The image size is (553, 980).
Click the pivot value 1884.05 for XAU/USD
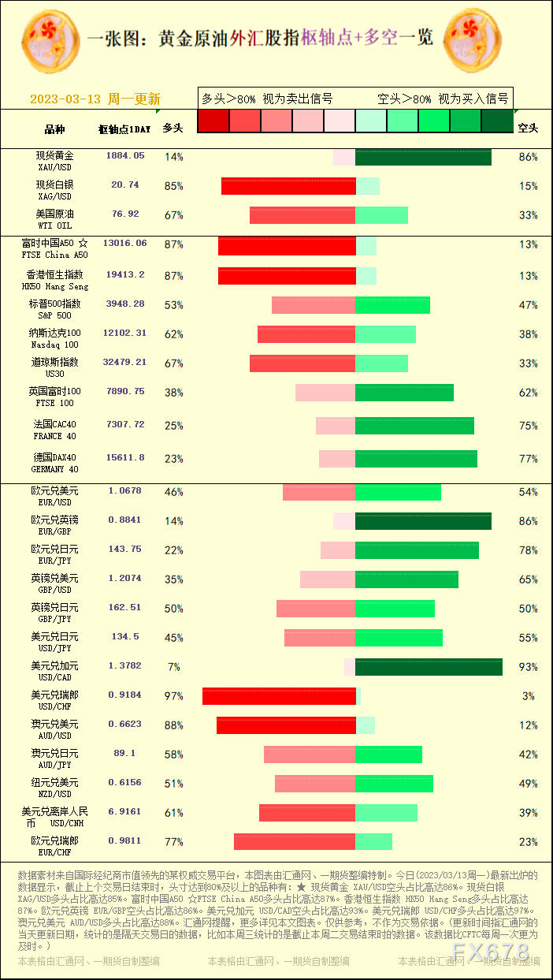pos(125,156)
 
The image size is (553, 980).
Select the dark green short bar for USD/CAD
pos(429,667)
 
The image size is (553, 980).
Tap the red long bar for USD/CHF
pos(279,696)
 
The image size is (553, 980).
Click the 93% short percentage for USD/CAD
pos(528,667)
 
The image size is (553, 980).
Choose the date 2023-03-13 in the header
pos(65,99)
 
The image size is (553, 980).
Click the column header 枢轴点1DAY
pos(124,129)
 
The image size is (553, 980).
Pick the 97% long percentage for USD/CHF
pos(173,696)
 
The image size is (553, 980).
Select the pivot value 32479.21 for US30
pos(124,363)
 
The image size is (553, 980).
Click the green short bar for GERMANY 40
pos(416,459)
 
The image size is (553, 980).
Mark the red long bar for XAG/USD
pos(288,186)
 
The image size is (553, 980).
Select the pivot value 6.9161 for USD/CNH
pos(124,811)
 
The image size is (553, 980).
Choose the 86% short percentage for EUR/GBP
pos(528,521)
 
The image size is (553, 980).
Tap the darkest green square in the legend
pos(497,121)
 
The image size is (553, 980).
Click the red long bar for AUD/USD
pos(286,725)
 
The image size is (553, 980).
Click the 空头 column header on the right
pos(527,128)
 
